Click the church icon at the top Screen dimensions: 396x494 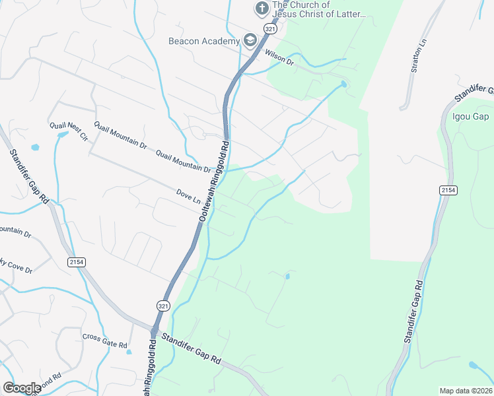tap(262, 9)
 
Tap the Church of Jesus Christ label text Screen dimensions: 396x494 tap(318, 9)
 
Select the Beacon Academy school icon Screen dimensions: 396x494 tap(250, 41)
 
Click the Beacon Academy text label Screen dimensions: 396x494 tap(203, 41)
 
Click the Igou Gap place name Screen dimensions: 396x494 tap(470, 117)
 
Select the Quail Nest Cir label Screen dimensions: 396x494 tap(68, 131)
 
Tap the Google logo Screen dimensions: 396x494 tap(22, 387)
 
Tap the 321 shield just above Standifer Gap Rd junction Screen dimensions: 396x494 tap(164, 305)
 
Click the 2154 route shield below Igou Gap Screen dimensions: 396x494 tap(448, 190)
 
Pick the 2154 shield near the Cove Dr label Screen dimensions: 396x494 tap(77, 262)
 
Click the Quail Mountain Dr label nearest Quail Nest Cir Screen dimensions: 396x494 tap(120, 133)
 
